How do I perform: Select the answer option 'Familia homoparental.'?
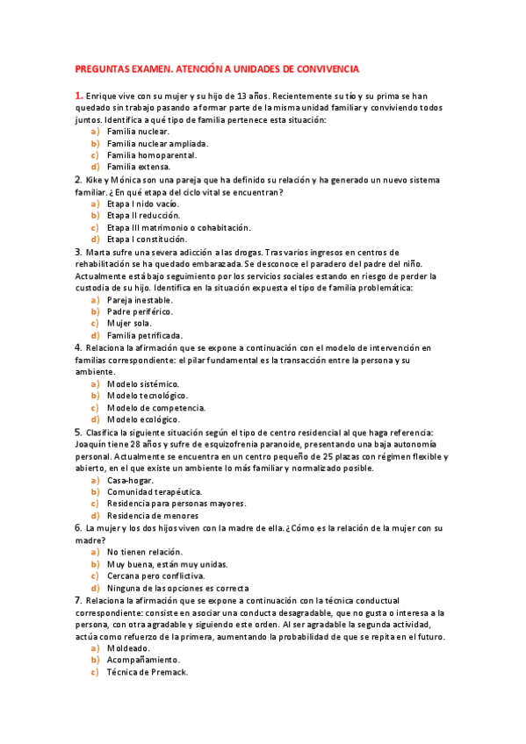coord(146,154)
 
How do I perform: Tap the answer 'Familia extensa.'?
coord(138,167)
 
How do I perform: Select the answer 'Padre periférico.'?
coord(140,311)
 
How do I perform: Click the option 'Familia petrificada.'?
coord(145,335)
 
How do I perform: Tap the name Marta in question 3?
coord(100,251)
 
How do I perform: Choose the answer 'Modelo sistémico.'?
coord(142,383)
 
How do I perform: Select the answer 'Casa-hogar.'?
coord(130,480)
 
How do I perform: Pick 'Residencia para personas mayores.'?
coord(176,504)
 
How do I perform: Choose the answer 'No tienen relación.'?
coord(144,552)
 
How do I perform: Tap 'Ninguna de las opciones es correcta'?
coord(177,588)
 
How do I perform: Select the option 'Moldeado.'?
coord(130,648)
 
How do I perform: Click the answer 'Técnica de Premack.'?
coord(147,672)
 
